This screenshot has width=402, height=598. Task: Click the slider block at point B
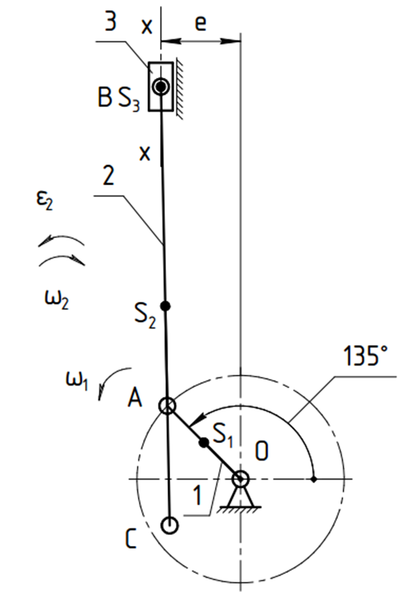pos(161,87)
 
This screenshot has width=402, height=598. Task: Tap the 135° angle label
pos(365,356)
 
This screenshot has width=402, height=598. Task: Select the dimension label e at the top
pos(201,23)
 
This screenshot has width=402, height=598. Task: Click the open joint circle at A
pos(167,406)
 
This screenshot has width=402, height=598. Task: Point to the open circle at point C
pos(169,525)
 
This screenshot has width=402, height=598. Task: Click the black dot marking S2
pos(165,306)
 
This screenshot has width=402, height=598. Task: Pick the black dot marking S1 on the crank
pos(204,442)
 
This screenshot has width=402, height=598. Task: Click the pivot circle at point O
pos(241,479)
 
